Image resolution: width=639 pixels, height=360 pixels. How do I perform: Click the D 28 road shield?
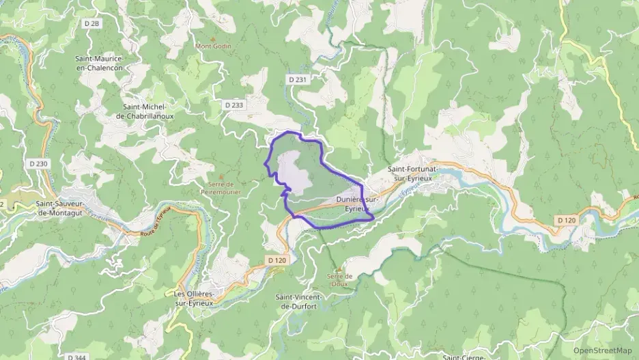tap(94, 24)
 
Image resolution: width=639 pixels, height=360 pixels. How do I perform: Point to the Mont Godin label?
tap(214, 46)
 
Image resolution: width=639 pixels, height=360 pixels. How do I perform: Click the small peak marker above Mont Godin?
tap(212, 38)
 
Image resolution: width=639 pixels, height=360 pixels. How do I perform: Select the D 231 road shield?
tap(298, 80)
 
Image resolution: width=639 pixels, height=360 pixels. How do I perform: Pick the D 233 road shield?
tap(234, 105)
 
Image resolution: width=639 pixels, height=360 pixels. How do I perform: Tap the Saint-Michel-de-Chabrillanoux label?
tap(148, 111)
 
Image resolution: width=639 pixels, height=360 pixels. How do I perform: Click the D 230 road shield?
tap(39, 164)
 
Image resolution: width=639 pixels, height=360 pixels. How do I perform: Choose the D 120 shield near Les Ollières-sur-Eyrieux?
tap(277, 260)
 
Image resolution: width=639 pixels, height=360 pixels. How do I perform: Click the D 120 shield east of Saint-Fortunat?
tap(566, 220)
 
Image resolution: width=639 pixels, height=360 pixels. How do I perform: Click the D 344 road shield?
tap(76, 357)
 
